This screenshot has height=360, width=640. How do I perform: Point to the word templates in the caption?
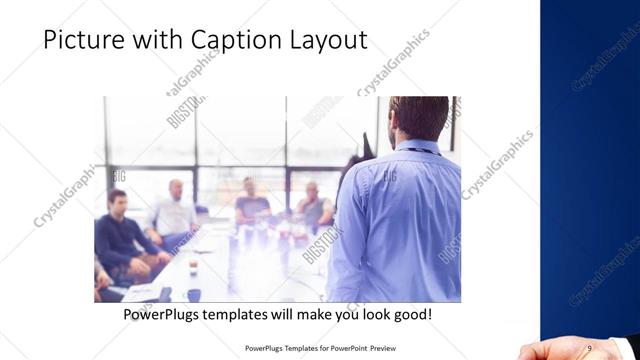point(249,314)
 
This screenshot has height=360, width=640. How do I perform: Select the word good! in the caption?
point(410,314)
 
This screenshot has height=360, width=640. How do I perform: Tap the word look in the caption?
point(363,314)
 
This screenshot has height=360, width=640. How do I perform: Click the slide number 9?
point(589,347)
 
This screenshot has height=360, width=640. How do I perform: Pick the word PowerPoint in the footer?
point(341,348)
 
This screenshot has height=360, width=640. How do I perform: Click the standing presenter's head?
point(418,118)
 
